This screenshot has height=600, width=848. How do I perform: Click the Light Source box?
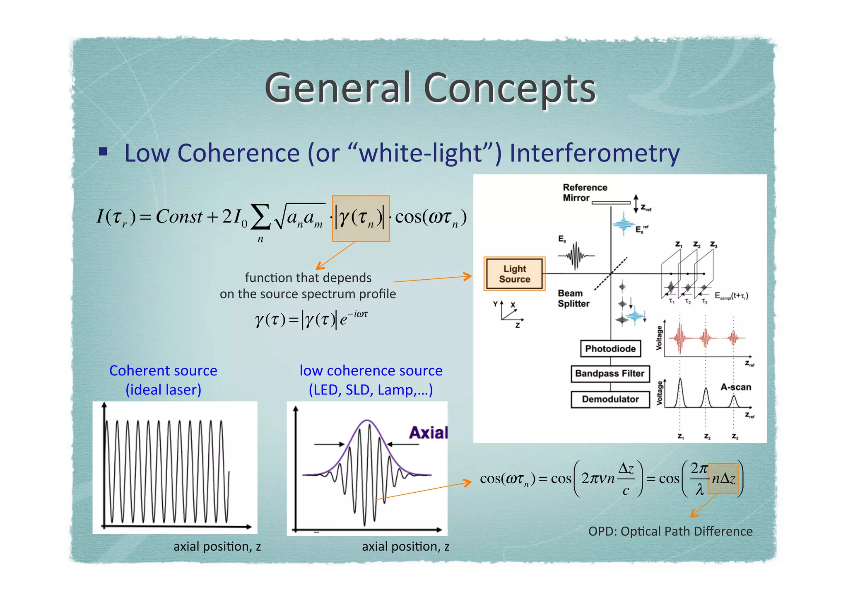tap(514, 274)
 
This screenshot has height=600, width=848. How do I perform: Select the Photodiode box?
tap(610, 348)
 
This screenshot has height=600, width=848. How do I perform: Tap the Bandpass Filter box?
tap(609, 373)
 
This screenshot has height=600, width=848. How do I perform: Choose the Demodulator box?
tap(610, 399)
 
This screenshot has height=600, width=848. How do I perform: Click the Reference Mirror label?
tap(584, 193)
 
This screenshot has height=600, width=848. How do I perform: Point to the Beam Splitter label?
tap(573, 298)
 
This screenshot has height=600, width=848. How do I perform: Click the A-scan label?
tap(735, 387)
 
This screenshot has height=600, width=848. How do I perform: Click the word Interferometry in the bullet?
tap(594, 153)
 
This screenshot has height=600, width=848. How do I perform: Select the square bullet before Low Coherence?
tap(103, 151)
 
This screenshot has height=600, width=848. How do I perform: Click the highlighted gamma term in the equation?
tap(361, 218)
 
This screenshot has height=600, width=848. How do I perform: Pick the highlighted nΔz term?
tap(723, 479)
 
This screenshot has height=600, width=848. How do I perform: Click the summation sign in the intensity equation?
tap(260, 217)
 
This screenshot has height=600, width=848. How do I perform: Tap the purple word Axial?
tap(428, 433)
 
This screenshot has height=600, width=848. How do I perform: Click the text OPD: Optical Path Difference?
tap(670, 531)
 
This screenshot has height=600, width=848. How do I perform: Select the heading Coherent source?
tap(163, 370)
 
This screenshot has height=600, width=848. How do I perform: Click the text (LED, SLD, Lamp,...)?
tap(371, 390)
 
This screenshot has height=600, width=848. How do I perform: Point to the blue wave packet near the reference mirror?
tap(624, 225)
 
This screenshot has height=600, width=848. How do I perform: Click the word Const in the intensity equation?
tap(179, 216)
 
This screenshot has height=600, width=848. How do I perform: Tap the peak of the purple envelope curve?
tap(367, 421)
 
